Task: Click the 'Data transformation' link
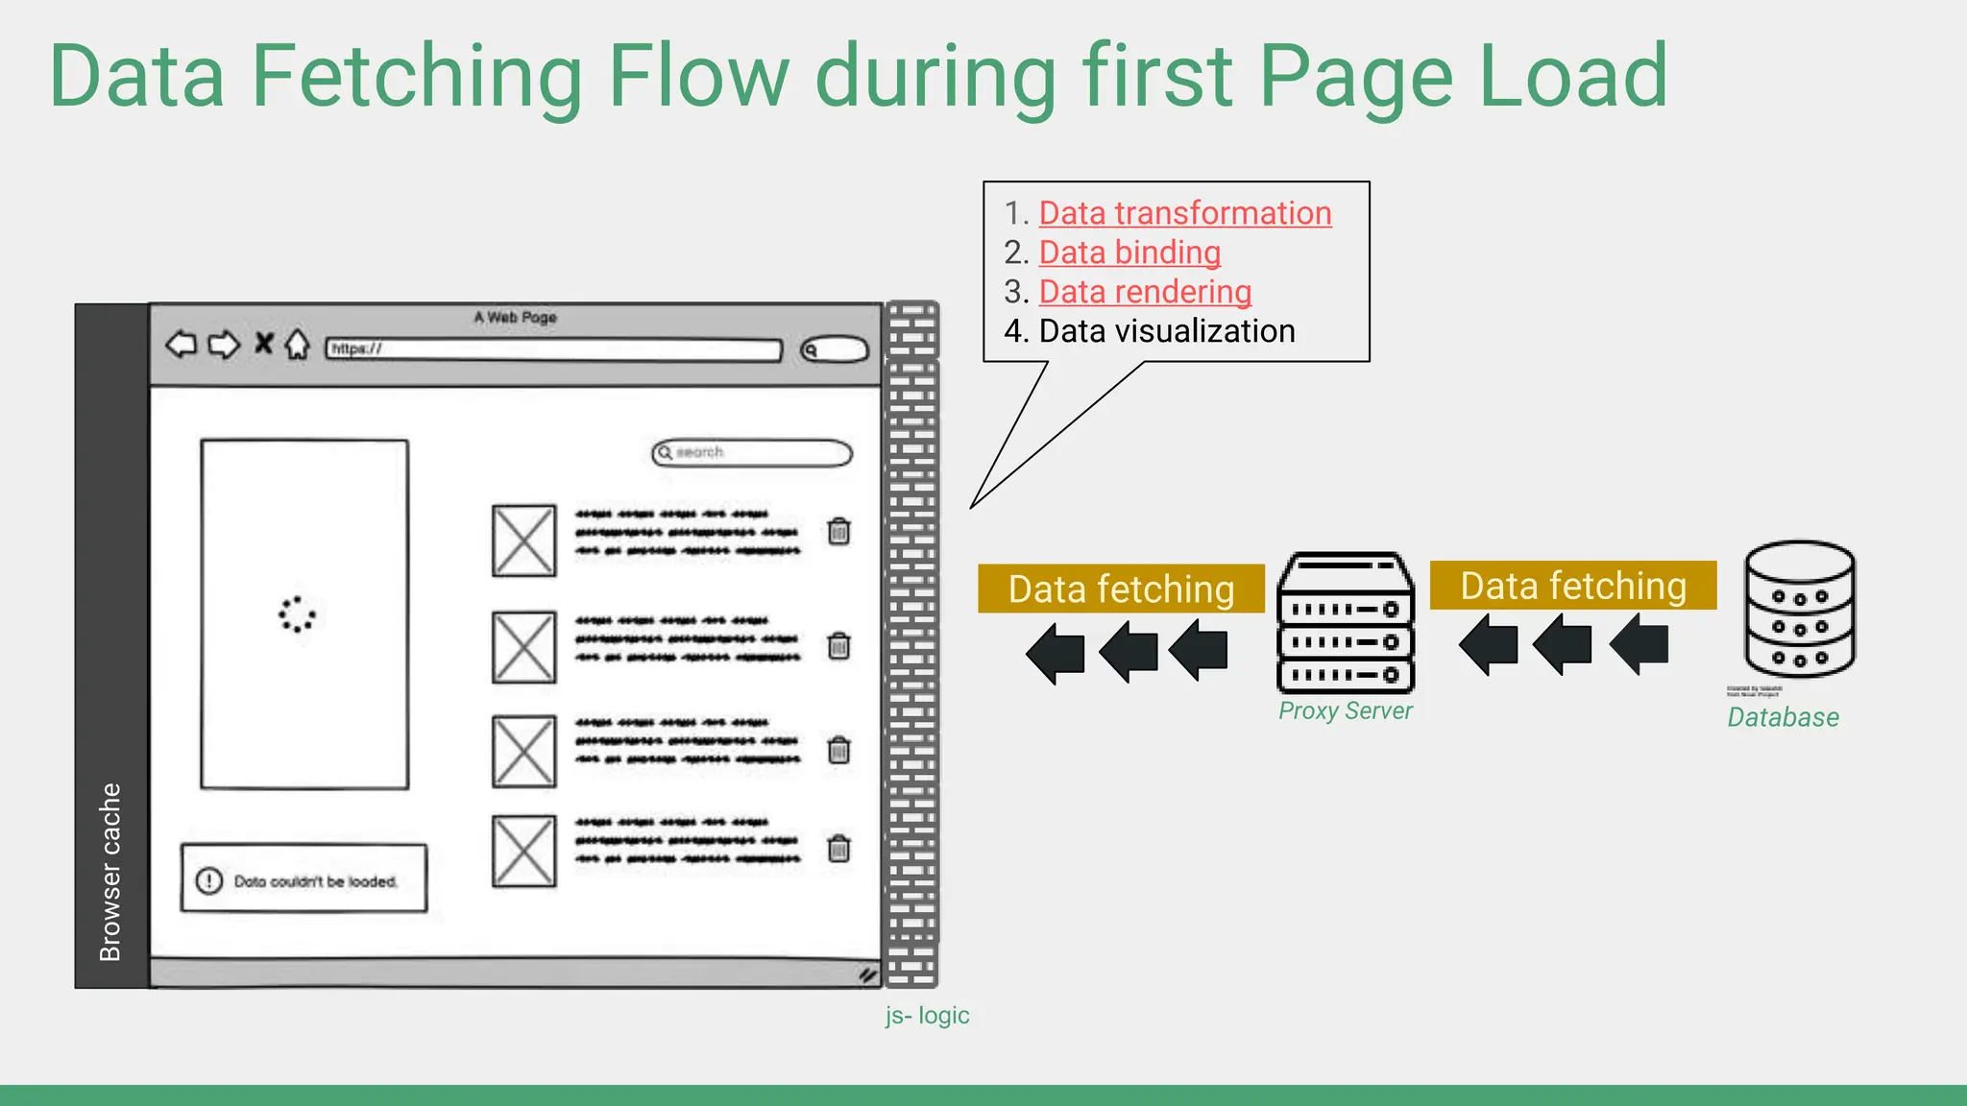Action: tap(1184, 213)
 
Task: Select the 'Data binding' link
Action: tap(1129, 252)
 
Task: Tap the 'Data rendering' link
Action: tap(1145, 292)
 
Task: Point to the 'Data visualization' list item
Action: tap(1166, 331)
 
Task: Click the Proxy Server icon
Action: tap(1345, 622)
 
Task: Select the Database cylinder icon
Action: tap(1799, 609)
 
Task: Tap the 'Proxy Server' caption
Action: tap(1345, 711)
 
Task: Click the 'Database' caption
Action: tap(1783, 717)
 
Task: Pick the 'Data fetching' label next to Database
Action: tap(1572, 586)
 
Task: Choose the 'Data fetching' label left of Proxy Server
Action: tap(1121, 589)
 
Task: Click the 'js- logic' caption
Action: tap(927, 1016)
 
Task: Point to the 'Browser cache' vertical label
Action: tap(111, 871)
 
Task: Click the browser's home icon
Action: tap(298, 344)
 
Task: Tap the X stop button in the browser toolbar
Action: tap(263, 343)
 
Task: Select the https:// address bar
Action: tap(553, 349)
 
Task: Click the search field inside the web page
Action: tap(751, 452)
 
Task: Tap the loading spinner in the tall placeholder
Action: tap(297, 614)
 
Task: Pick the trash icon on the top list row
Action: tap(838, 531)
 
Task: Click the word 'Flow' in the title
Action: tap(698, 76)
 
